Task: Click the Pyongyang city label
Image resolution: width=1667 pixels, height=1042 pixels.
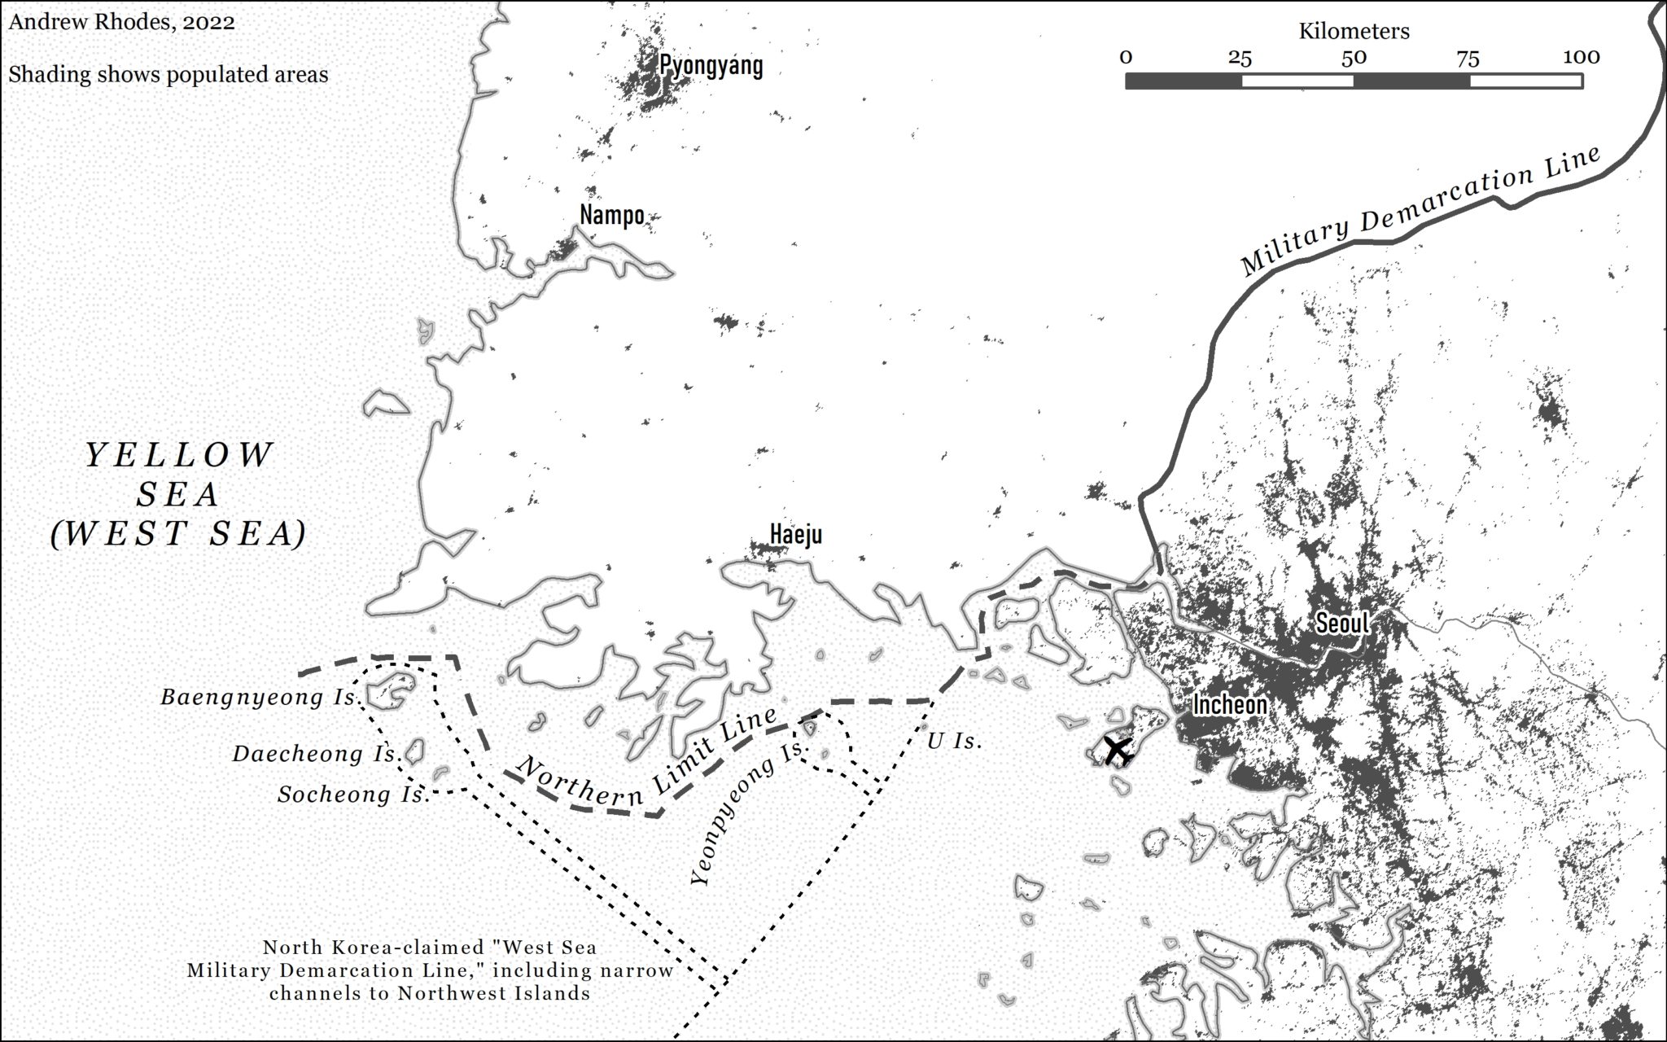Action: pos(711,65)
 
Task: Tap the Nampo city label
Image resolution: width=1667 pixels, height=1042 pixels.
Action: pos(612,215)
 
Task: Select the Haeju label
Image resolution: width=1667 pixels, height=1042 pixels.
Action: pos(795,535)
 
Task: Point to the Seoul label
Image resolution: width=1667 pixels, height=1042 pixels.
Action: pos(1342,624)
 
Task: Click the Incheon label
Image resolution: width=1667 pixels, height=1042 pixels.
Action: pos(1229,705)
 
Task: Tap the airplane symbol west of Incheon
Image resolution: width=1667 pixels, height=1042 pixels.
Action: pos(1118,750)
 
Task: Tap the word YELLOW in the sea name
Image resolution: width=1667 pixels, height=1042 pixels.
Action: pos(180,456)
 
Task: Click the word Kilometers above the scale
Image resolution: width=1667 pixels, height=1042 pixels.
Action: pos(1354,32)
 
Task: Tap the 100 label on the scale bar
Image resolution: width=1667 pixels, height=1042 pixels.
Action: pos(1581,58)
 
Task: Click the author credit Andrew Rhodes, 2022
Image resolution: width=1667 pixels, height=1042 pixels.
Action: pos(122,22)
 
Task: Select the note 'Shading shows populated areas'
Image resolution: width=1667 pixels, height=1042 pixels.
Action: pos(168,75)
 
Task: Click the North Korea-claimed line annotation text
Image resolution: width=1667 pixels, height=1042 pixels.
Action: pos(430,970)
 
